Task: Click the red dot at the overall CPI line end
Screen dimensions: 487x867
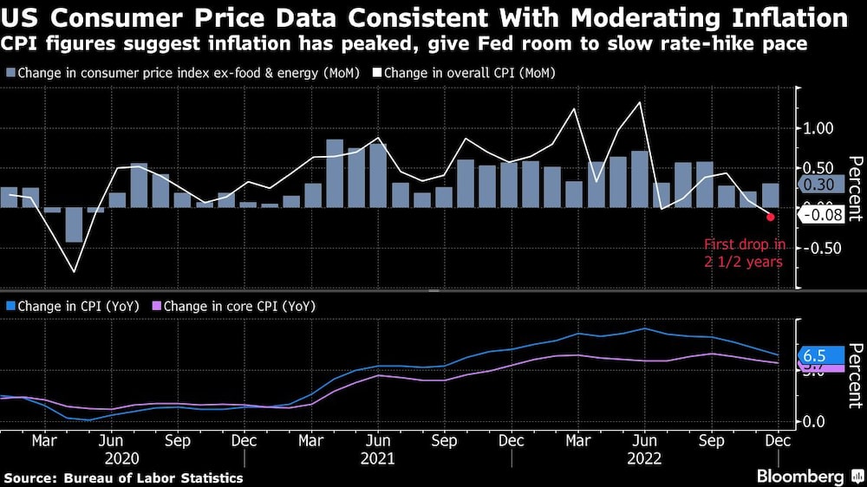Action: (x=770, y=216)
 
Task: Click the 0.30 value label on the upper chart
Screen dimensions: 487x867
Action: (x=818, y=185)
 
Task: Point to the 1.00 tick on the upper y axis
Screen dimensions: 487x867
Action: (x=819, y=128)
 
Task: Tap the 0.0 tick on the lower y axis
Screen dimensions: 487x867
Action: (x=819, y=421)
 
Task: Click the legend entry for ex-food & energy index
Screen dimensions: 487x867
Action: (x=173, y=74)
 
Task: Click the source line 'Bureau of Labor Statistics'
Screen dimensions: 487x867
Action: (x=123, y=477)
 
